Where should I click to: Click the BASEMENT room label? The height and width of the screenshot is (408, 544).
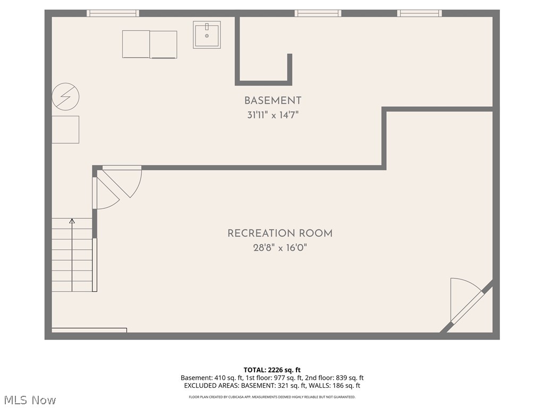click(x=273, y=100)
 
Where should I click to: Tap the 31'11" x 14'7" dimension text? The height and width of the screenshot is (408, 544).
click(x=273, y=115)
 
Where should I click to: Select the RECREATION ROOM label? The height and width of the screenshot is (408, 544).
click(x=280, y=233)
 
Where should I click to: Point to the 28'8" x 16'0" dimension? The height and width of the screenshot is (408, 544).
click(x=280, y=248)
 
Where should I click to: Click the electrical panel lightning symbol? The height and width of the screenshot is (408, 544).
click(x=65, y=96)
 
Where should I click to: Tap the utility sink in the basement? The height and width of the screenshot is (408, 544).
click(x=207, y=35)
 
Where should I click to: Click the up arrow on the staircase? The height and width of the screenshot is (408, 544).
click(x=72, y=222)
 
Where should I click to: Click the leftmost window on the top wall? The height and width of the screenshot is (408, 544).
click(x=113, y=13)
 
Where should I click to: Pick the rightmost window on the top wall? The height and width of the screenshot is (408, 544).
click(x=419, y=13)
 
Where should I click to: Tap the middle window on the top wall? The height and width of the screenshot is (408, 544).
click(x=318, y=13)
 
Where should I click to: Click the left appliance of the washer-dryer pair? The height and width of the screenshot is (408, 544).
click(x=136, y=44)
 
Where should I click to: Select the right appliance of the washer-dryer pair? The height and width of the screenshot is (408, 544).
click(x=164, y=45)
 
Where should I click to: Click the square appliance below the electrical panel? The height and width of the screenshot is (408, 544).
click(x=65, y=130)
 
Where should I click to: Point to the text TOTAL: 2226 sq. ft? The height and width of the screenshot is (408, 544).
click(x=272, y=370)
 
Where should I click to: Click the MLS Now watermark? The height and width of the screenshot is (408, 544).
click(x=30, y=400)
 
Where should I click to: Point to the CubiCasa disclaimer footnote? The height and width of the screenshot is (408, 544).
click(x=272, y=397)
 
